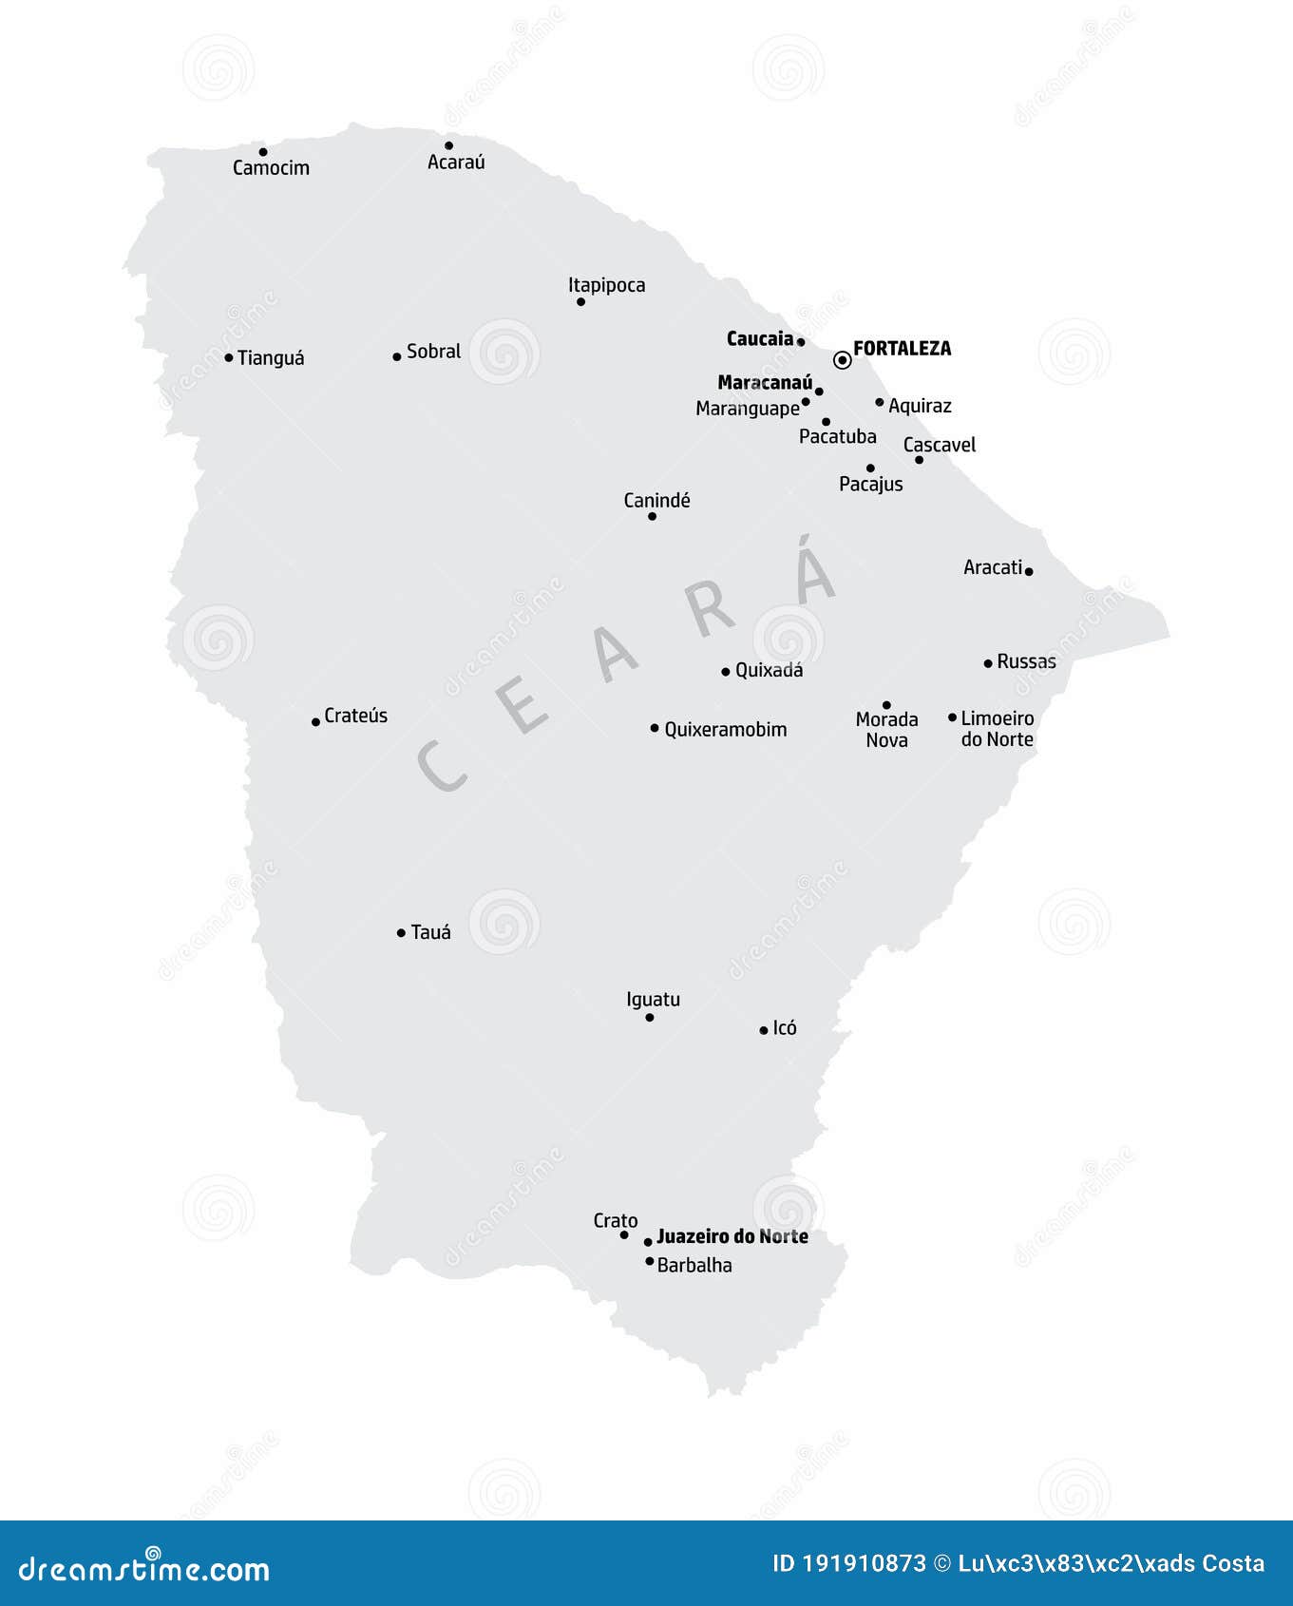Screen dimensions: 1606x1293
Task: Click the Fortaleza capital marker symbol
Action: (842, 360)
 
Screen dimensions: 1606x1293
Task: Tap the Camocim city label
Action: (271, 168)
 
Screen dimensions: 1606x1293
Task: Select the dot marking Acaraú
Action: (448, 145)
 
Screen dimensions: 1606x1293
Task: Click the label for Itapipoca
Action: (606, 285)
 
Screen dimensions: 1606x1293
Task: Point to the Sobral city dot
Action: (396, 356)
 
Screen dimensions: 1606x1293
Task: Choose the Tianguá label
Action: (271, 358)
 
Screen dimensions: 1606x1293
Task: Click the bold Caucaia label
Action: (759, 339)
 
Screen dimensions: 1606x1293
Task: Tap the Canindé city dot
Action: (652, 516)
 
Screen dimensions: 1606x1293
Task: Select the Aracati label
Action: (993, 567)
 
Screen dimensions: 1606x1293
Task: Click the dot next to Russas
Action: (988, 662)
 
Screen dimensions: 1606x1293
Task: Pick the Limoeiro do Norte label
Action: (997, 729)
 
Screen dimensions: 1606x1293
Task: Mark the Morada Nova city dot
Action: (886, 705)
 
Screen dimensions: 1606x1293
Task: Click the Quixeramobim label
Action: (725, 730)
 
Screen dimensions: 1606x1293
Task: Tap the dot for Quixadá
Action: (725, 671)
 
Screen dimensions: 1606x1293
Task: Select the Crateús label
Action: (355, 716)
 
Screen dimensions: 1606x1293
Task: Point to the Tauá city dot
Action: (401, 933)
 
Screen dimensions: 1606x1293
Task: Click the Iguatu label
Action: (653, 1000)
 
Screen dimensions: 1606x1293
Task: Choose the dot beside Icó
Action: (763, 1030)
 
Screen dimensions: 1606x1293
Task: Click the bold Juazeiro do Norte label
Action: (732, 1236)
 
